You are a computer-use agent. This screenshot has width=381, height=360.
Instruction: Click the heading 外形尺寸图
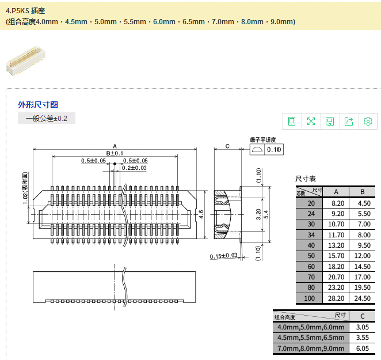click(x=38, y=105)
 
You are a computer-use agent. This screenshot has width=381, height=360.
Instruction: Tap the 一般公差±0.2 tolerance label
click(x=47, y=119)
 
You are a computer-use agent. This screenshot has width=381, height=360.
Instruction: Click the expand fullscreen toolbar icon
click(x=311, y=121)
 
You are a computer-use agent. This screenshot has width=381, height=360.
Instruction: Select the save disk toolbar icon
click(x=330, y=121)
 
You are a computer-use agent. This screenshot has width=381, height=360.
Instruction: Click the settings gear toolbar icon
click(x=368, y=121)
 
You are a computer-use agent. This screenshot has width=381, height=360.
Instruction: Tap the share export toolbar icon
click(x=349, y=121)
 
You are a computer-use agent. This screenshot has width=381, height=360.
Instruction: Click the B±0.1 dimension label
click(x=115, y=153)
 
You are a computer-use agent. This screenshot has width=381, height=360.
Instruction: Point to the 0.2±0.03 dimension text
click(x=134, y=168)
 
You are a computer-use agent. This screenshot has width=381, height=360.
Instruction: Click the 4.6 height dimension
click(x=201, y=214)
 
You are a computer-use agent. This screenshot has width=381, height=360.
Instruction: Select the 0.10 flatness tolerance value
click(x=274, y=150)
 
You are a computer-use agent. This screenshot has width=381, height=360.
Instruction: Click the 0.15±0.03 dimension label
click(x=224, y=256)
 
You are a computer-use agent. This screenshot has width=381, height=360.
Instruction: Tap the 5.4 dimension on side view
click(x=266, y=214)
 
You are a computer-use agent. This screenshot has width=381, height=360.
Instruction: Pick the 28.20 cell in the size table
click(x=336, y=298)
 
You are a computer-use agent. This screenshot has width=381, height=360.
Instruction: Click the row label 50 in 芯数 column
click(x=311, y=255)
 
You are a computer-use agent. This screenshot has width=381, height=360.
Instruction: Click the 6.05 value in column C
click(x=363, y=349)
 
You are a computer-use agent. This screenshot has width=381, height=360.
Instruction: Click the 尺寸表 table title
click(x=306, y=179)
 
